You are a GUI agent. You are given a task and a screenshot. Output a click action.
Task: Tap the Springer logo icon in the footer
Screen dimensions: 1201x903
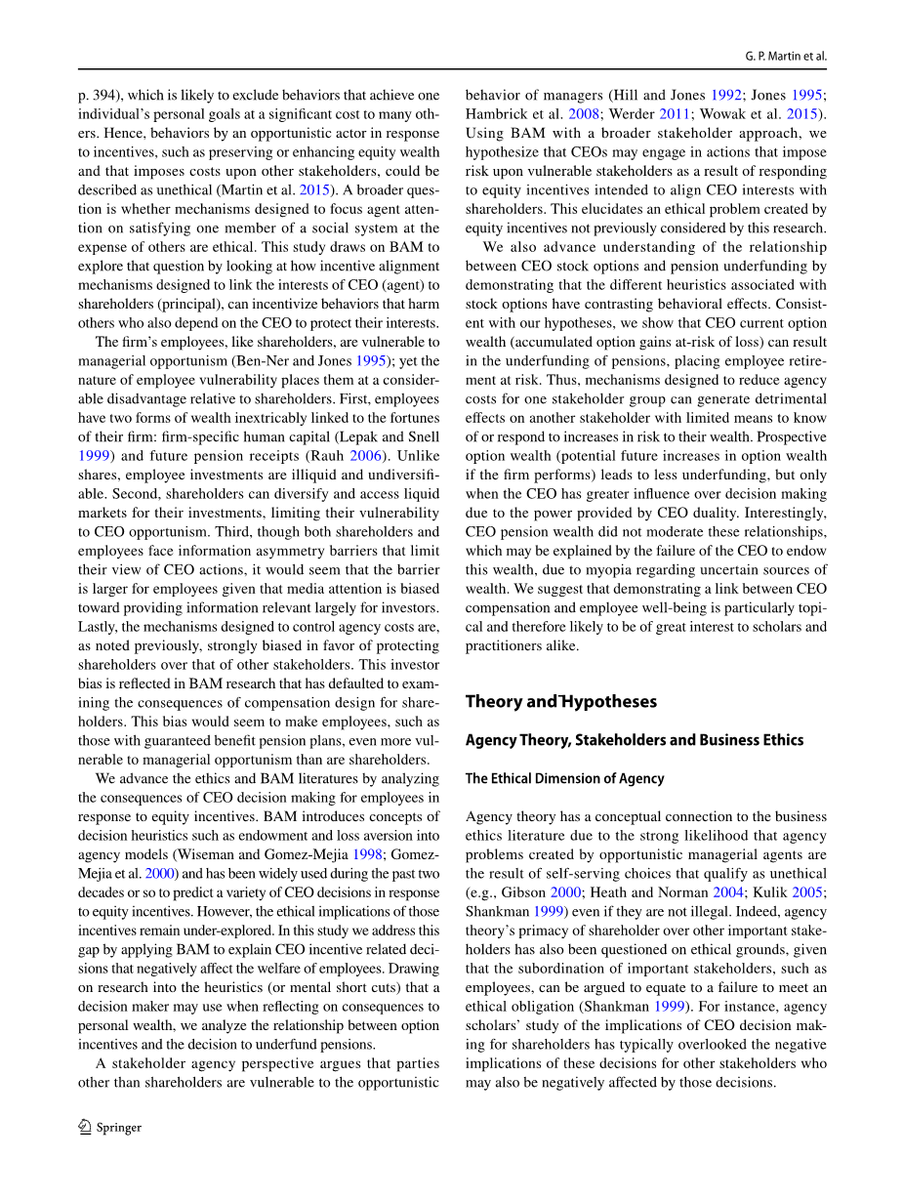[x=85, y=1127]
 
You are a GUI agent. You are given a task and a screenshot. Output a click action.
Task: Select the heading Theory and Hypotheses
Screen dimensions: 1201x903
[x=560, y=701]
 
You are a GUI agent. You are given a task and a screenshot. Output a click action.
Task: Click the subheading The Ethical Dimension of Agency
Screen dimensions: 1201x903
[x=564, y=778]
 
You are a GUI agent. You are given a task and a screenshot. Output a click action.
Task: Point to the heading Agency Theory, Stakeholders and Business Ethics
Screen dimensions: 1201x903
[x=634, y=740]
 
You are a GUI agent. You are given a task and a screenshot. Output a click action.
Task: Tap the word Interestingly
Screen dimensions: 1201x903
[x=785, y=513]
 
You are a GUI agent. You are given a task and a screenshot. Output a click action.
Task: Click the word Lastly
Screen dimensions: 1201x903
[x=100, y=626]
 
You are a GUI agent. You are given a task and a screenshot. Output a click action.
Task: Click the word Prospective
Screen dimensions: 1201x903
[x=785, y=436]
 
